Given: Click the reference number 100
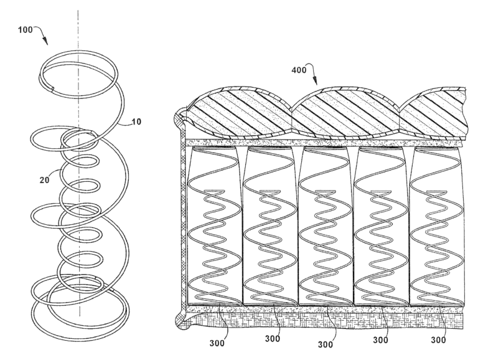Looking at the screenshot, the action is [x=25, y=30].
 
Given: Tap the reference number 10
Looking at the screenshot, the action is [x=136, y=121].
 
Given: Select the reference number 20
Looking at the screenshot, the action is [x=44, y=180].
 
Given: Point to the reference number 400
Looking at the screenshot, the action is [x=299, y=70].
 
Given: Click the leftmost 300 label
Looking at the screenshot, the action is [x=217, y=343].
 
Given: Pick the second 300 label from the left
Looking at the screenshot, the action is [x=273, y=339].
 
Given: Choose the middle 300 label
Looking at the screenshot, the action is [x=326, y=345].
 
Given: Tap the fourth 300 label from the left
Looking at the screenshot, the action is [x=380, y=340].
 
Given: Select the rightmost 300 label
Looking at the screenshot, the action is [x=438, y=340].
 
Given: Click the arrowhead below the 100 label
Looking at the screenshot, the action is [x=45, y=41].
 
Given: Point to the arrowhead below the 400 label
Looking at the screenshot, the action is [x=315, y=81].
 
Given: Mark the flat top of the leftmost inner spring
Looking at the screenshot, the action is [x=214, y=191].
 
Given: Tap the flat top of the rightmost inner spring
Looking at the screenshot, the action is [x=436, y=191].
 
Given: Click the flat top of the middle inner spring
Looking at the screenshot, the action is [x=326, y=191].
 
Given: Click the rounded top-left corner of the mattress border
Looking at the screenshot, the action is [x=180, y=118].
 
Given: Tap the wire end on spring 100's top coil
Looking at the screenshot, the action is [x=52, y=89].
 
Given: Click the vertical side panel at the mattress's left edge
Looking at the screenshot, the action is [x=183, y=220].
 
